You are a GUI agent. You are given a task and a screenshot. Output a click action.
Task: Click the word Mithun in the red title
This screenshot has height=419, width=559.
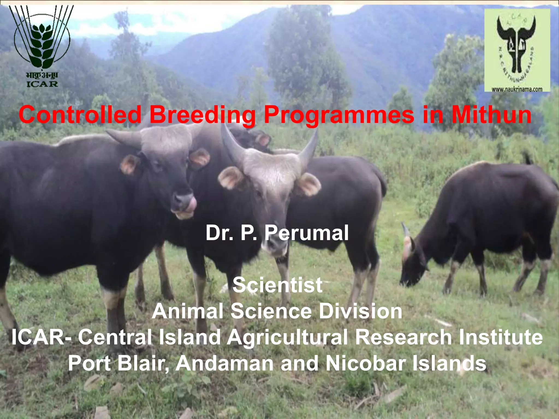[491, 115]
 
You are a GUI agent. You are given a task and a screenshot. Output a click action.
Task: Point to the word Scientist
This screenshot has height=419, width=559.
[277, 285]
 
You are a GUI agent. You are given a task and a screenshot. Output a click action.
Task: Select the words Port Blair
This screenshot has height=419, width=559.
[117, 363]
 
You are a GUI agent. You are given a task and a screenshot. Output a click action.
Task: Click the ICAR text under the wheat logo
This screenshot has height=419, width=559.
[42, 84]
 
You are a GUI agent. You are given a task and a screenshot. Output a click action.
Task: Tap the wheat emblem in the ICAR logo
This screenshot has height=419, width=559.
[42, 44]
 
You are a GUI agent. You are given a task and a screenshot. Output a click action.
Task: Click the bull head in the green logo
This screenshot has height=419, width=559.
[516, 44]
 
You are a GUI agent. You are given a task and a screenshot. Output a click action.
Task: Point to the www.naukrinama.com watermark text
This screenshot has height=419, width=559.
[517, 89]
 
